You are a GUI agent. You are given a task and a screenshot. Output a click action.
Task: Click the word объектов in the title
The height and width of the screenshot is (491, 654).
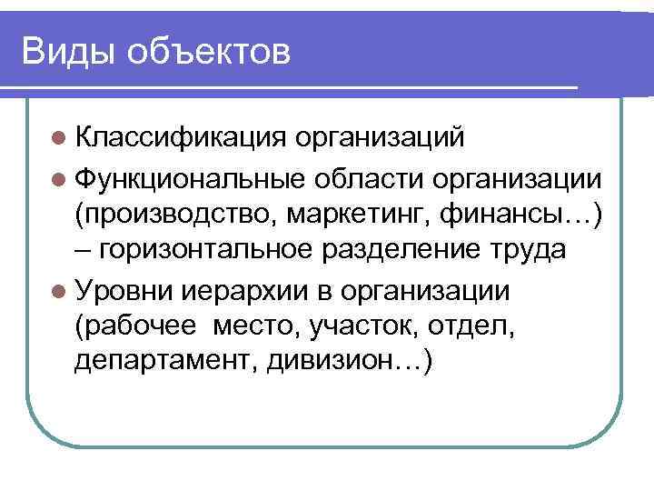[210, 53]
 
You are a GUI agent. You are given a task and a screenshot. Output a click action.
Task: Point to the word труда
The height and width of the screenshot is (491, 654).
[528, 252]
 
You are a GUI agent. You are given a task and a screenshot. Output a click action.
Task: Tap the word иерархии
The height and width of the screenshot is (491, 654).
[241, 291]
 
